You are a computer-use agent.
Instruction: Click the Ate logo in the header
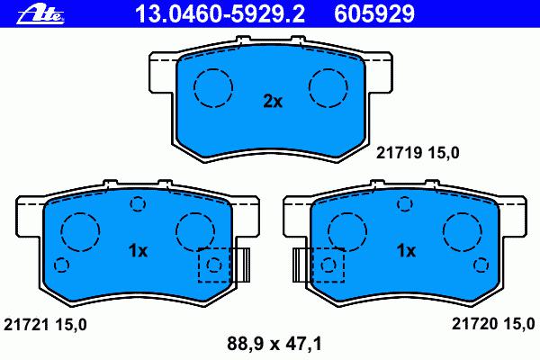click(40, 14)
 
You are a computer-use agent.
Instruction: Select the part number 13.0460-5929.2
click(220, 13)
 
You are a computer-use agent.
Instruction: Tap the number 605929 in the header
click(374, 13)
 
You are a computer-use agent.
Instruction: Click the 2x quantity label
click(273, 102)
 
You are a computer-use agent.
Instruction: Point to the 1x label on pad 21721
click(138, 251)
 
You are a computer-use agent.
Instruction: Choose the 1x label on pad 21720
click(407, 251)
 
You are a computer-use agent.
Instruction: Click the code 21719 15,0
click(418, 153)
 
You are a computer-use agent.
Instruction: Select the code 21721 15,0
click(45, 325)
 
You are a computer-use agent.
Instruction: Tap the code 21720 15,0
click(493, 324)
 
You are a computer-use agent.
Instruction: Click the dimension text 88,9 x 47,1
click(274, 344)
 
